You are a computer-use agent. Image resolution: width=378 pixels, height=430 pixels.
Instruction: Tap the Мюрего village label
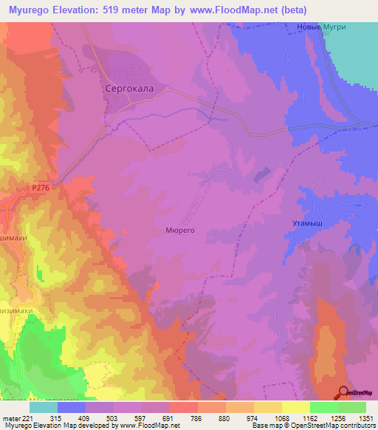179,230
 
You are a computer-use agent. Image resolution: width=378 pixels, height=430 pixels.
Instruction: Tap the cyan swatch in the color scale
44,406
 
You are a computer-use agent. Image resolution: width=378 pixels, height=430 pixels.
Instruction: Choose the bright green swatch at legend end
352,406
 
